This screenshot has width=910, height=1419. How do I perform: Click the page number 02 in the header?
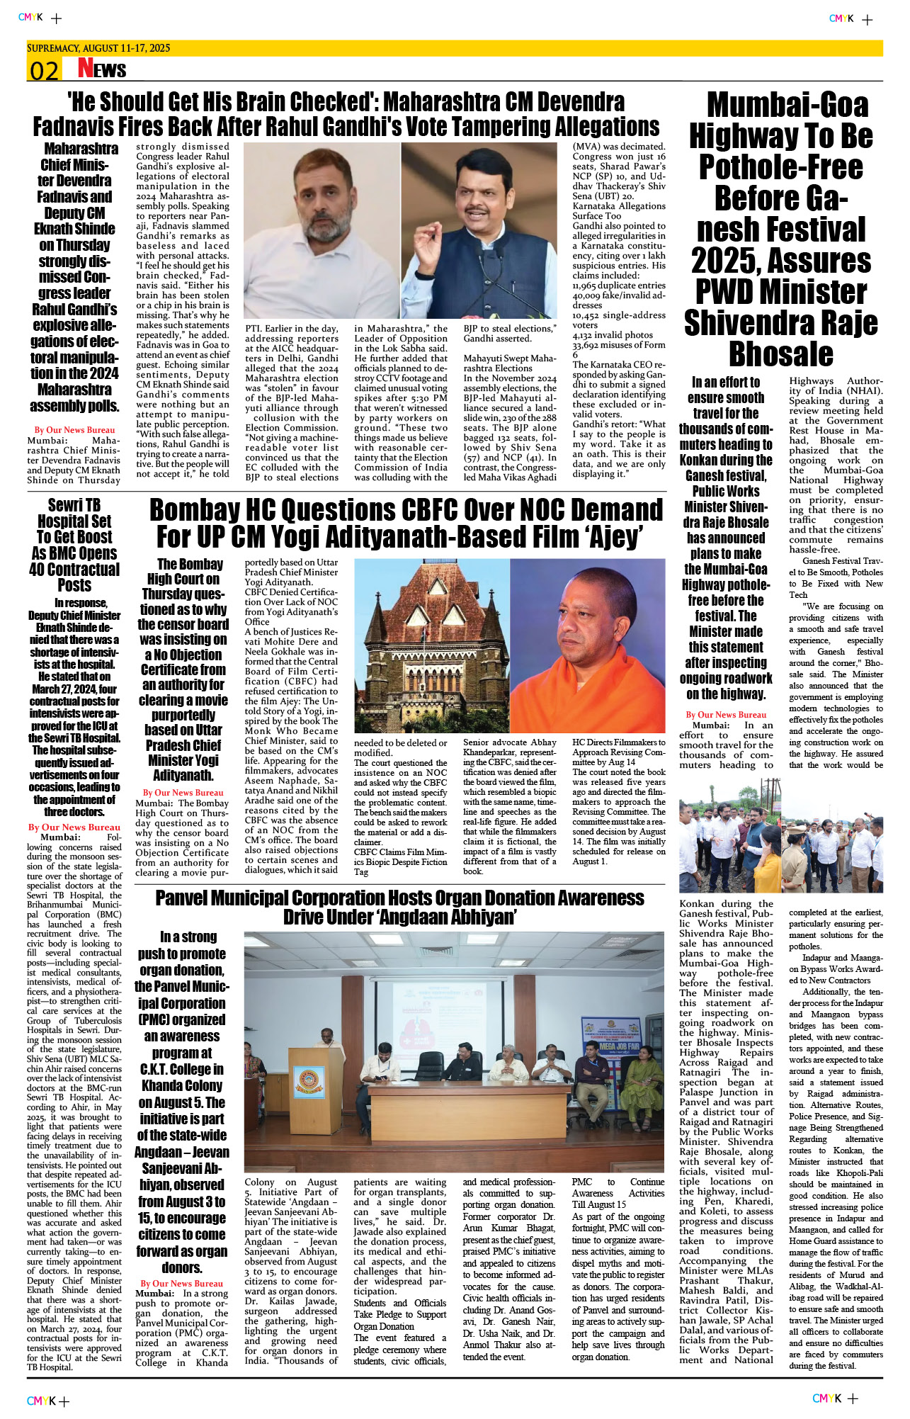[43, 70]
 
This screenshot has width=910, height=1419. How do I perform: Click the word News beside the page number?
[102, 69]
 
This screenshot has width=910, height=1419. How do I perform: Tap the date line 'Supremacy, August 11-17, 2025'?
[98, 48]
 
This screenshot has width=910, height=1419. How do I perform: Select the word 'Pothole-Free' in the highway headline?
[781, 167]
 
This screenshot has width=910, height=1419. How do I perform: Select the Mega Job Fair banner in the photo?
[619, 1046]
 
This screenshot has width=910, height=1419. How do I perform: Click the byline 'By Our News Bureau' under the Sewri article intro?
[74, 827]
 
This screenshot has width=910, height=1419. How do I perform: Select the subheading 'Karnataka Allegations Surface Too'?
[618, 211]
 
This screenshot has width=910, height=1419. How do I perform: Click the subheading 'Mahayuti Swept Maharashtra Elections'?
[509, 363]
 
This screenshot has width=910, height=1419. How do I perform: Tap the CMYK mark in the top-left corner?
[30, 17]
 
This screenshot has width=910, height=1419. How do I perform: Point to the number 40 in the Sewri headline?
[39, 570]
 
